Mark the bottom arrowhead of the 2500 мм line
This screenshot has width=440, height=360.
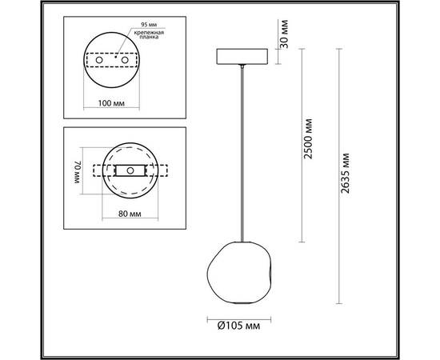(300, 239)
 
